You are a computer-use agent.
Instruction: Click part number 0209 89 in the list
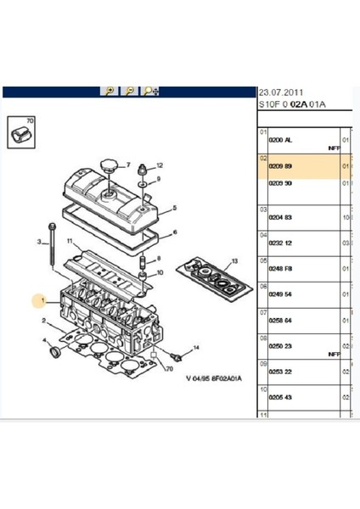coord(281,166)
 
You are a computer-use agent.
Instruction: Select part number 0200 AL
coord(281,140)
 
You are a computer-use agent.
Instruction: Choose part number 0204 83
coord(281,218)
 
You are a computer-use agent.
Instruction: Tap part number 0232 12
coord(281,243)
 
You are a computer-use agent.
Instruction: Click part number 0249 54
coord(281,295)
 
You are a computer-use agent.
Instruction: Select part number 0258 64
coord(281,322)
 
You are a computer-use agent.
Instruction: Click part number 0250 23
coord(281,347)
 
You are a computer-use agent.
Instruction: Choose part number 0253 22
coord(281,372)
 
